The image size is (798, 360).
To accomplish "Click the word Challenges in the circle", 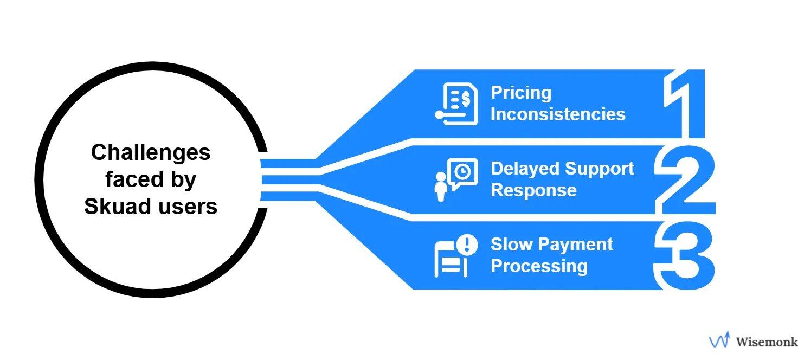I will (x=151, y=152).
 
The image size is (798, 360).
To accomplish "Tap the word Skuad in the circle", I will (x=112, y=207).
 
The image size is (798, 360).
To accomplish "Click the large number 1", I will (x=684, y=103).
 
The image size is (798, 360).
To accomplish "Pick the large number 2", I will (x=684, y=179).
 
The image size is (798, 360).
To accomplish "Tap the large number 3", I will (x=684, y=255).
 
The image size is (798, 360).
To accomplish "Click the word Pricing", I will (x=521, y=93).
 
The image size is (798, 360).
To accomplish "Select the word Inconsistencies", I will (x=558, y=114).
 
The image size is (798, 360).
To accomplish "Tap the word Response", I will (x=533, y=190).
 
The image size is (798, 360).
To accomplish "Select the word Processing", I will (x=539, y=266).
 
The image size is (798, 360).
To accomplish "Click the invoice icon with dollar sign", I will (x=456, y=104).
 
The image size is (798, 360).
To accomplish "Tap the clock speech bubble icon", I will (x=462, y=173).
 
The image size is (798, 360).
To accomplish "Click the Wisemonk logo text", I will (x=766, y=342).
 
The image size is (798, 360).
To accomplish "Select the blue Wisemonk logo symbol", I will (x=720, y=340).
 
